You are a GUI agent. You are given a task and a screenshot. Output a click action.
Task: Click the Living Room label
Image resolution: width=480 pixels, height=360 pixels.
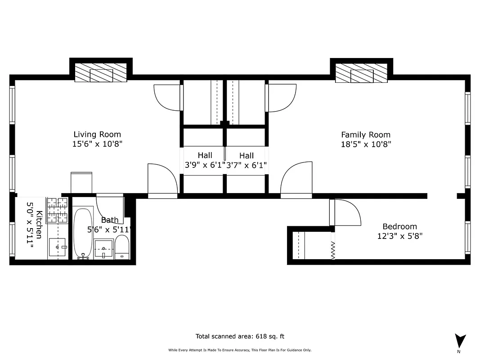[97, 135]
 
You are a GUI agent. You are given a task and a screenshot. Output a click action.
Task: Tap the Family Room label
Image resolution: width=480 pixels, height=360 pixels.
[365, 135]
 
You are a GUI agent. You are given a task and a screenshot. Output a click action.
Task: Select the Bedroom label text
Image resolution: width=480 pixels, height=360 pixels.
[399, 227]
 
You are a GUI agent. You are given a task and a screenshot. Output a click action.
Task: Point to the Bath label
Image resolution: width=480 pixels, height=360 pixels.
[110, 220]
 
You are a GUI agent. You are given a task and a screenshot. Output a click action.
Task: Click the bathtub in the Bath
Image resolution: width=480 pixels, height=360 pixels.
[83, 233]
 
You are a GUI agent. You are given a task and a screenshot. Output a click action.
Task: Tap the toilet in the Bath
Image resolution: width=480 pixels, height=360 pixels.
[122, 247]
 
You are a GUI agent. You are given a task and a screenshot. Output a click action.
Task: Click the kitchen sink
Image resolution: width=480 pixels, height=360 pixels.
[57, 247]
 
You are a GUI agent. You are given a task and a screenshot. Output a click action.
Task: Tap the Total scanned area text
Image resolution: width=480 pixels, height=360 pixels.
[240, 336]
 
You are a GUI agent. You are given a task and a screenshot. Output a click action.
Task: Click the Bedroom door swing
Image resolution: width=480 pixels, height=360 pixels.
[346, 213]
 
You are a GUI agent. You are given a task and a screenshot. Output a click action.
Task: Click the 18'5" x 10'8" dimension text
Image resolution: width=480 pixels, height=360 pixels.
[365, 144]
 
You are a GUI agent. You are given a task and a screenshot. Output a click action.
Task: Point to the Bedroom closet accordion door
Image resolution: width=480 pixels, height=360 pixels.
[333, 250]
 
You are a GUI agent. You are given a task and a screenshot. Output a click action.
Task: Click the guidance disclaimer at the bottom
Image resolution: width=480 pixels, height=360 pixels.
[240, 350]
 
